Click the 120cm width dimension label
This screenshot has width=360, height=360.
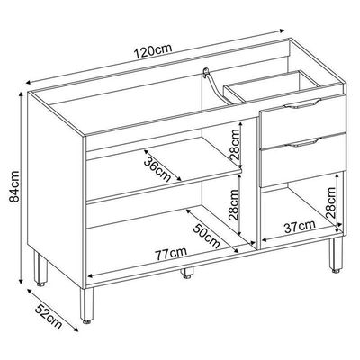pos(153,51)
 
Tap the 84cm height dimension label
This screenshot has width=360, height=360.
pos(14,186)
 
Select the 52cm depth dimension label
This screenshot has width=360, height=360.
pos(49,316)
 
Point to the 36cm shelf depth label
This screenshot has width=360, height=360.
pos(157,169)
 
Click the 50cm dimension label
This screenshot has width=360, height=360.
pos(206,236)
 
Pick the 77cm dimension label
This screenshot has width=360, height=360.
pos(171,254)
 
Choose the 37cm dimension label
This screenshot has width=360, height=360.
pos(300,227)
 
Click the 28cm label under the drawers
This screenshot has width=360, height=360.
pos(330,203)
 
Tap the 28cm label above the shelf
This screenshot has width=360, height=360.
pos(235,145)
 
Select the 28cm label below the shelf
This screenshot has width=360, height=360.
pos(234,205)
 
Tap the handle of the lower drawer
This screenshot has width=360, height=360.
pos(302,142)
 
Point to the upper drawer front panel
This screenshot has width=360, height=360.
pos(303,121)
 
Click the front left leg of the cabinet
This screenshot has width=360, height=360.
pos(86,305)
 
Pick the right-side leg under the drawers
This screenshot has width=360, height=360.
pos(336,255)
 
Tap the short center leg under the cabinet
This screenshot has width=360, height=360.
pos(186,273)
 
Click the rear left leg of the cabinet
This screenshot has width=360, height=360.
pos(40,268)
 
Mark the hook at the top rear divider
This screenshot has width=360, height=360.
pos(205,72)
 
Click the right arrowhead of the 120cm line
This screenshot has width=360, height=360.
pos(282,30)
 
